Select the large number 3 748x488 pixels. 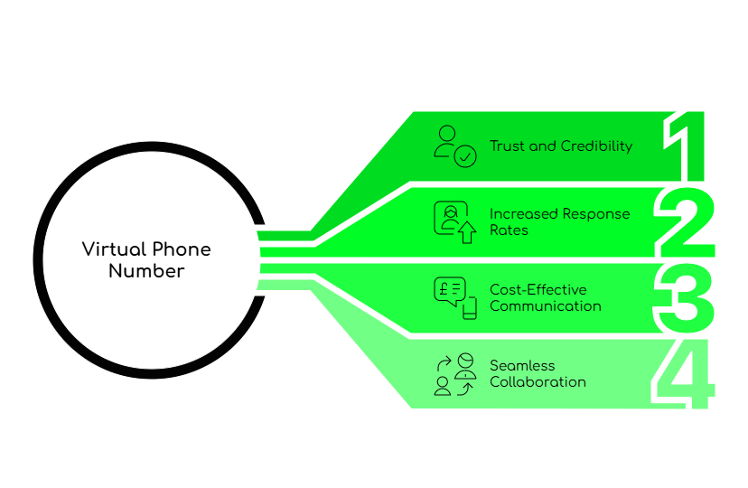click(686, 297)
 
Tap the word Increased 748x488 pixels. click(524, 214)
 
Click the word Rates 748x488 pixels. click(509, 230)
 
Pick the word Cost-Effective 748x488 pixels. click(538, 290)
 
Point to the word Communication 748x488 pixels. click(545, 305)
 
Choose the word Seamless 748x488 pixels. click(522, 366)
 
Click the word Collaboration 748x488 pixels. click(538, 381)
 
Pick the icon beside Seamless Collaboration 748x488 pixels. click(454, 374)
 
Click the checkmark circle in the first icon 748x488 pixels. click(465, 156)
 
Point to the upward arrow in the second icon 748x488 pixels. click(466, 234)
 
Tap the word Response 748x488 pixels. click(597, 214)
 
